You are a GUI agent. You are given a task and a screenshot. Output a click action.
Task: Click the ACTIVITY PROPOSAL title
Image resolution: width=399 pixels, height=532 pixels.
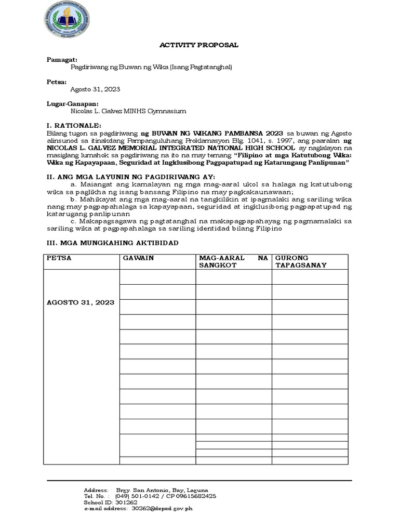(198, 45)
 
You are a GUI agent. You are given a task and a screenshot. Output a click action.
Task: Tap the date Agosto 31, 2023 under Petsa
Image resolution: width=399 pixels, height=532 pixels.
(95, 89)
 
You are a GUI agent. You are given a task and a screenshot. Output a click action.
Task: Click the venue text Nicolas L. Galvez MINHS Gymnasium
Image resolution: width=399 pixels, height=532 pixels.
(128, 111)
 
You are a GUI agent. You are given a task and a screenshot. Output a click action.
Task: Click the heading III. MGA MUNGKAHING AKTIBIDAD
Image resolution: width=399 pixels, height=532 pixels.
(113, 243)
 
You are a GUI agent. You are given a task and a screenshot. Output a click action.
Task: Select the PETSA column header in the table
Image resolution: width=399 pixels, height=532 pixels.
(59, 258)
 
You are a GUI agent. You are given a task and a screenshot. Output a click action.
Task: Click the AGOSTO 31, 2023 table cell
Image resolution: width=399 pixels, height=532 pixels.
(81, 302)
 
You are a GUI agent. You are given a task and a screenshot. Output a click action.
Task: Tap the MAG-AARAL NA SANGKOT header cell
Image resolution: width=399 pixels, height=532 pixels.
(233, 261)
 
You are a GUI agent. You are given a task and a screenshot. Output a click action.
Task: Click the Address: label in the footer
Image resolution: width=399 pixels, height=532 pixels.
(96, 490)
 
